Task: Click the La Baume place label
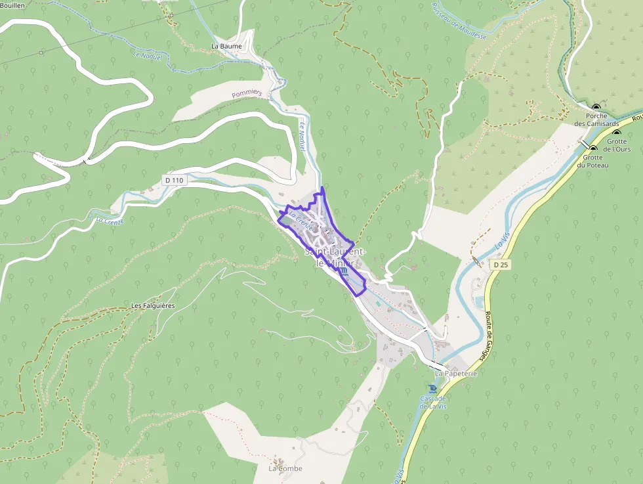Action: (226, 47)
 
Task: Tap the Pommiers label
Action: (247, 95)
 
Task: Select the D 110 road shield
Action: (175, 180)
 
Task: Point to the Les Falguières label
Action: (154, 306)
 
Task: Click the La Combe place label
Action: (285, 468)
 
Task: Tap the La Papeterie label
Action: (455, 373)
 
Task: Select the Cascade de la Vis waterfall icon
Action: (432, 388)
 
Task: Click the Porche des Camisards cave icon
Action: (596, 107)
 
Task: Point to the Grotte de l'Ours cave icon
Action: (617, 133)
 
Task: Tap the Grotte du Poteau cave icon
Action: (593, 149)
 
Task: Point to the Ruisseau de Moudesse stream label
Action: (459, 19)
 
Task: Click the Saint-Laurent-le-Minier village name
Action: (335, 257)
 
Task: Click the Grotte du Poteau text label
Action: (593, 162)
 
